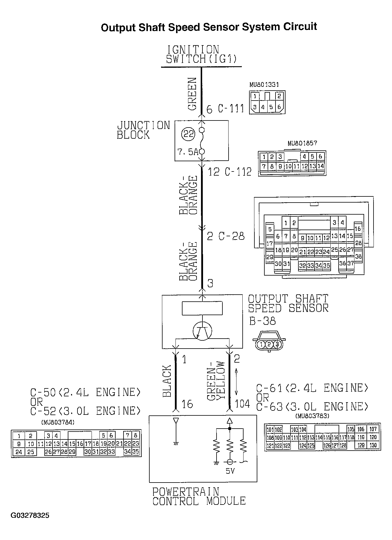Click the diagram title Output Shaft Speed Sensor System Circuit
click(209, 27)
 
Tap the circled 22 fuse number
click(188, 134)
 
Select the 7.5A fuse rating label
click(188, 152)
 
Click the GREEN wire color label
click(192, 94)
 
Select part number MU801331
click(264, 85)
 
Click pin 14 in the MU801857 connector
click(321, 166)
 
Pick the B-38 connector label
click(262, 321)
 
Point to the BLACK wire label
click(167, 381)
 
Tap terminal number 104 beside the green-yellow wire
click(242, 404)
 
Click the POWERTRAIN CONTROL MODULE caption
click(199, 496)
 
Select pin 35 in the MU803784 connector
click(135, 452)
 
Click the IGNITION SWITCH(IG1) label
click(201, 54)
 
